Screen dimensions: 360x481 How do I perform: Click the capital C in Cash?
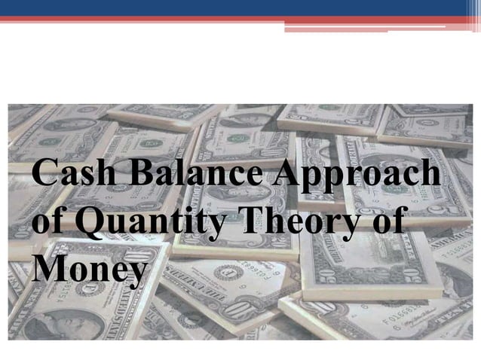click(44, 175)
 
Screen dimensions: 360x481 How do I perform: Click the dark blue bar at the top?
click(226, 8)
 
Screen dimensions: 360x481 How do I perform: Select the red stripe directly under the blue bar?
click(226, 19)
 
